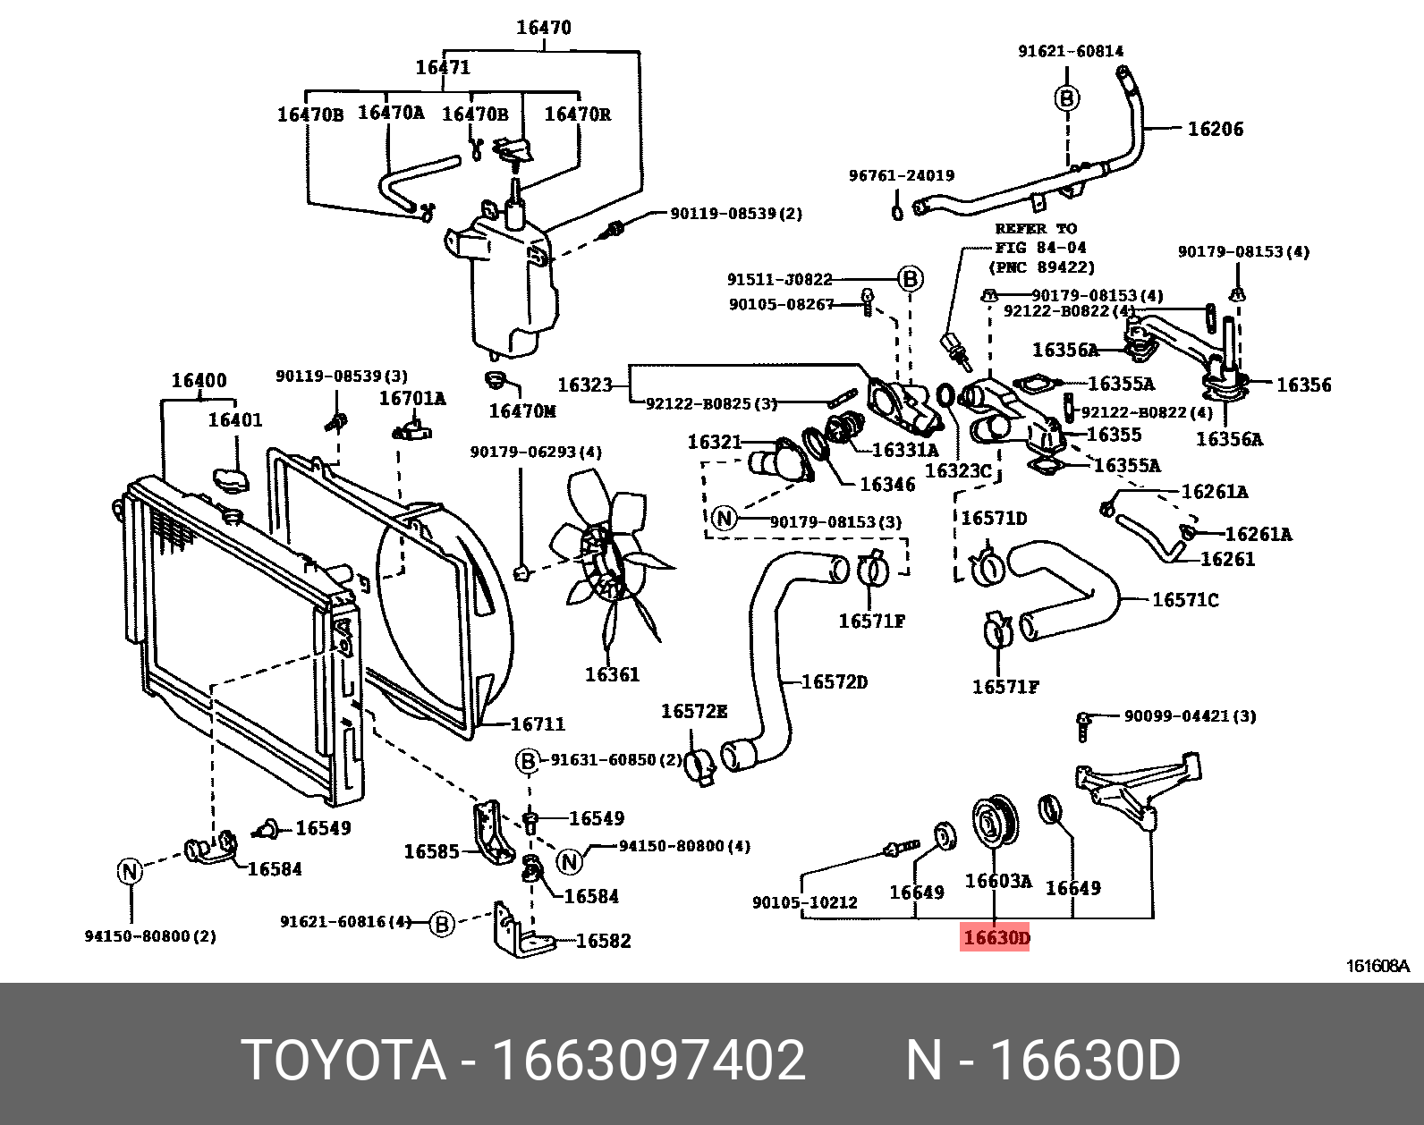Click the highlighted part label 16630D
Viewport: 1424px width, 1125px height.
995,937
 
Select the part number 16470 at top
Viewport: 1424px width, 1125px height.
543,28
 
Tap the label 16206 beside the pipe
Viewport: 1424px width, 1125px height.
1215,129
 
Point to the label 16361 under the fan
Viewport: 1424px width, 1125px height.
612,674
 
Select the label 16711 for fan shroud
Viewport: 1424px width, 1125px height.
538,723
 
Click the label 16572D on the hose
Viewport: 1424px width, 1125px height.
834,682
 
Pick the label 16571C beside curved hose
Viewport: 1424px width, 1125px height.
1184,600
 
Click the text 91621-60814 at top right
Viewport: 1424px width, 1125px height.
1071,51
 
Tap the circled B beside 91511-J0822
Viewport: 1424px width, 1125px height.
910,279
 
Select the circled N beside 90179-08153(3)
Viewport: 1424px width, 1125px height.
724,518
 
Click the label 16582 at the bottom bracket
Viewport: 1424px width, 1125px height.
603,941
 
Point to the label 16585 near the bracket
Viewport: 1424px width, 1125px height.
431,851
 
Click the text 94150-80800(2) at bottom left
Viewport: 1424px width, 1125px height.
150,936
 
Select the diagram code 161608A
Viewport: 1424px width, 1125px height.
1377,966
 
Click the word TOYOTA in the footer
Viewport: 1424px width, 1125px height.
343,1061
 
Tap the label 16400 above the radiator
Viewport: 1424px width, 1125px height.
199,381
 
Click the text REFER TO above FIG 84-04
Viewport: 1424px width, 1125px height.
1035,229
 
